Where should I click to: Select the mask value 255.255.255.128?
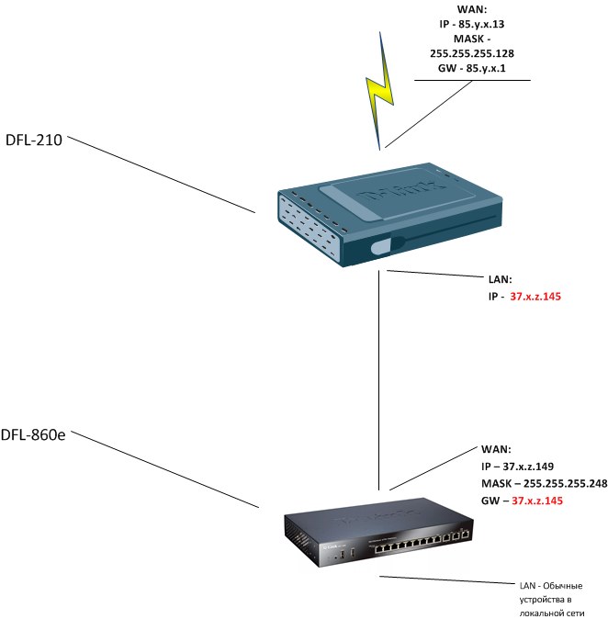[472, 53]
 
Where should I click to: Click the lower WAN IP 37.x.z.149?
[524, 467]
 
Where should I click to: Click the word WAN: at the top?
[473, 10]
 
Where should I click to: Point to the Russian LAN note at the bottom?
[548, 601]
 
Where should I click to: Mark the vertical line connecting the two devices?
[379, 386]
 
